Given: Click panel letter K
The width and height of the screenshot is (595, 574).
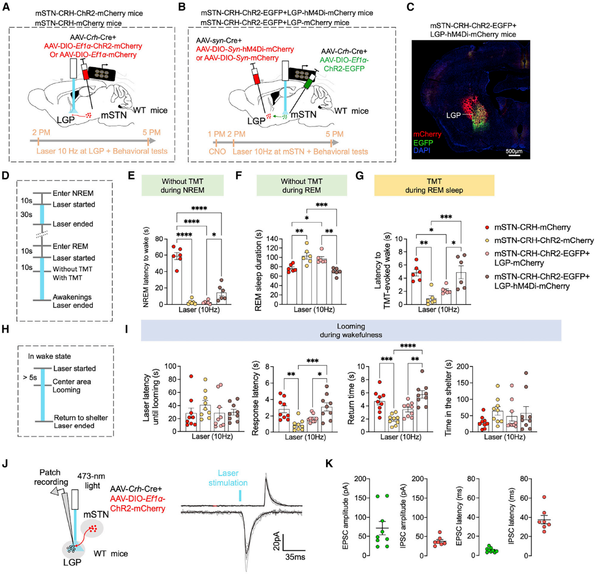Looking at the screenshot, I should [x=329, y=464].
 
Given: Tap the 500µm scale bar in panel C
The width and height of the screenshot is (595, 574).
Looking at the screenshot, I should [x=514, y=155].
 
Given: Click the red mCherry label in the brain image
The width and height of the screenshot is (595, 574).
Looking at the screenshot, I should [x=427, y=134].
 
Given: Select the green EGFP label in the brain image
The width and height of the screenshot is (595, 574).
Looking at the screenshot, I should [x=423, y=142].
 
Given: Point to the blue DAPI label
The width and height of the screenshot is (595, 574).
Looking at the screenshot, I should [x=421, y=150].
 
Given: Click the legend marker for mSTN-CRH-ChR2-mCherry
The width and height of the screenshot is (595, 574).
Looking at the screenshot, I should [x=487, y=240].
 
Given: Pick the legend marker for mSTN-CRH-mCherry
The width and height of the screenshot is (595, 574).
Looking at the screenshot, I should [x=487, y=227].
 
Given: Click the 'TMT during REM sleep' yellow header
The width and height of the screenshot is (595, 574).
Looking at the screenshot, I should [x=434, y=185].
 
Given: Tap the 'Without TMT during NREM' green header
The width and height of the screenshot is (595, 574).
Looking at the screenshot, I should [x=183, y=185].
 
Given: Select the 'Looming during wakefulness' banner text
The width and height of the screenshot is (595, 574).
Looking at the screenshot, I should [x=351, y=330].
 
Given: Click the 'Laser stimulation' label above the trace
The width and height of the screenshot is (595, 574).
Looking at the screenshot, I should [x=228, y=478].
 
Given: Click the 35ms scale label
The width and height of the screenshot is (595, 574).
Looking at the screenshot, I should [x=295, y=557].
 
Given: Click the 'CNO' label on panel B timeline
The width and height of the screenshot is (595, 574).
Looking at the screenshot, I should [x=218, y=152].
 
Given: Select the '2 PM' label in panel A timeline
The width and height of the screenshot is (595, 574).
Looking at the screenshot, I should [x=41, y=132].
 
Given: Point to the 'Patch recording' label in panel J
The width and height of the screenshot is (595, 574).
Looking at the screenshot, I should [x=51, y=477].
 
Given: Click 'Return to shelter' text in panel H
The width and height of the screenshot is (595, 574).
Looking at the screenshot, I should [x=81, y=418].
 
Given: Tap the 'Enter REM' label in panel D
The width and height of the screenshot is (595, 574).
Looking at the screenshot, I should [x=70, y=246].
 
